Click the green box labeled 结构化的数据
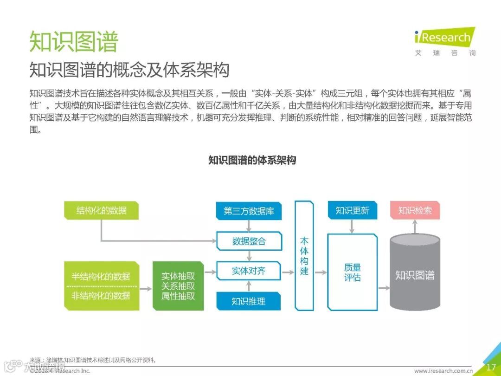click(x=101, y=211)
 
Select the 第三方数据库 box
click(x=249, y=211)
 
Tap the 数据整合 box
click(x=249, y=241)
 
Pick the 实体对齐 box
click(x=249, y=271)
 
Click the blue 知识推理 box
click(x=249, y=301)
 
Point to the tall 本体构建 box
click(x=304, y=256)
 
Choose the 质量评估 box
click(x=352, y=272)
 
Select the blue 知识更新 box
click(x=352, y=211)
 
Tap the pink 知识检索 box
click(x=415, y=211)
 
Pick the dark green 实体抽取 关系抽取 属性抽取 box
click(x=178, y=285)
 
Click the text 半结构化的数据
click(x=101, y=277)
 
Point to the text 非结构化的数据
click(x=101, y=296)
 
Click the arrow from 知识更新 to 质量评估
click(x=352, y=226)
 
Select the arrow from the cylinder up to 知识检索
click(x=415, y=227)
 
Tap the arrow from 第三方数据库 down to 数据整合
click(x=249, y=226)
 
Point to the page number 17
click(x=491, y=367)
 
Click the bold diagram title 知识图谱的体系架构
click(x=252, y=161)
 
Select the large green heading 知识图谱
click(x=74, y=42)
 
